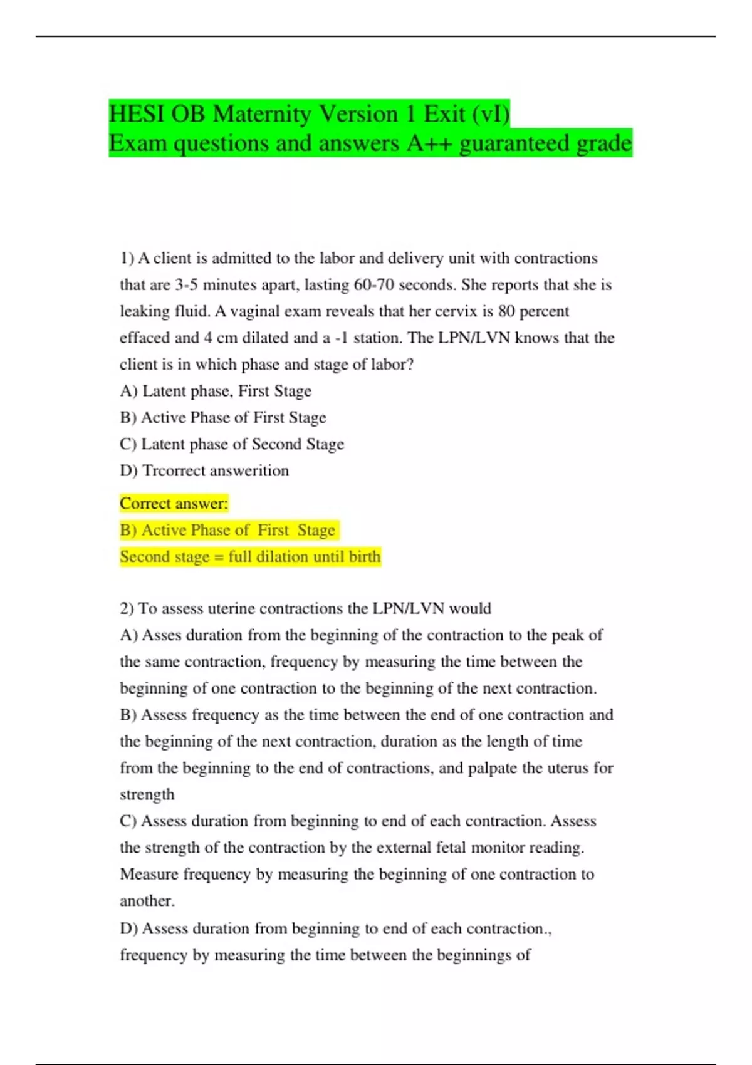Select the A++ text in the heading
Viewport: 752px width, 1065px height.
coord(430,143)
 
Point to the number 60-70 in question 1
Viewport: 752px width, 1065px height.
coord(374,285)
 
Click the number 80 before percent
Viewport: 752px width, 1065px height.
coord(506,311)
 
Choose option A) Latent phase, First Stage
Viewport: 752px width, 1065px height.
coord(215,391)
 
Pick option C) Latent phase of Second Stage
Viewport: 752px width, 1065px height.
coord(231,444)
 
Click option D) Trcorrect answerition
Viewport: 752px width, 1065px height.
coord(204,470)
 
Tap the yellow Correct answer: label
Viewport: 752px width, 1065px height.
coord(174,504)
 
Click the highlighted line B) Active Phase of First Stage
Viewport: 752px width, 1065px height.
coord(227,530)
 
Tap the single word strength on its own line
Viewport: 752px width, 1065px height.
coord(147,794)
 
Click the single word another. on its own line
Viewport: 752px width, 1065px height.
coord(147,901)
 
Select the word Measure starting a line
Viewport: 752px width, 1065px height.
coord(149,874)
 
